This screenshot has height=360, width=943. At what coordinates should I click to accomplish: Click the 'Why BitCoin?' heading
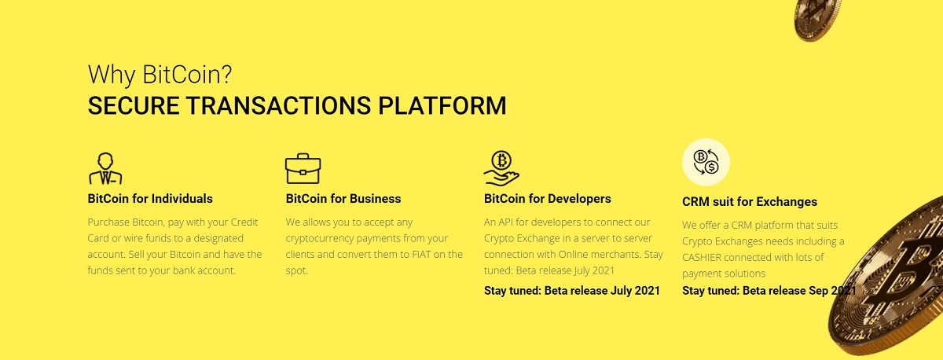(x=160, y=75)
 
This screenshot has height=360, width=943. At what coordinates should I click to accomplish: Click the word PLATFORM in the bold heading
(x=442, y=105)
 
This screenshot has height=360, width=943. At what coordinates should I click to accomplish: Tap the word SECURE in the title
(x=134, y=105)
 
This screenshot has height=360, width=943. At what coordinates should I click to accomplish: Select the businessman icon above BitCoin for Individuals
(x=105, y=168)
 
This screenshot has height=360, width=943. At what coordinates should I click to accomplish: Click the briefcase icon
(x=303, y=168)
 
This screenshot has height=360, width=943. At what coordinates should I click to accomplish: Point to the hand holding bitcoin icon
(x=501, y=168)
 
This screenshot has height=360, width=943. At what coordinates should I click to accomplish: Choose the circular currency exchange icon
(x=706, y=162)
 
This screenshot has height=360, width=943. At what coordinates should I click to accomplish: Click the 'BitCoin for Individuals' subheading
(x=150, y=199)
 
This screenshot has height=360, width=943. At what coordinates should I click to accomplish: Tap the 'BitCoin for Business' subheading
(x=343, y=199)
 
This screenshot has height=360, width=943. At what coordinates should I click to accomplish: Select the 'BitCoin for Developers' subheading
(x=547, y=199)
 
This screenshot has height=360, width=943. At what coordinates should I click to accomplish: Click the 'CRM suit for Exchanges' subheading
(x=750, y=202)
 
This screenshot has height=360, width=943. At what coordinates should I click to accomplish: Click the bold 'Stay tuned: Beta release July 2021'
(x=572, y=291)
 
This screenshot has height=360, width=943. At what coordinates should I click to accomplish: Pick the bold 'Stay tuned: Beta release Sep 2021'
(x=769, y=291)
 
